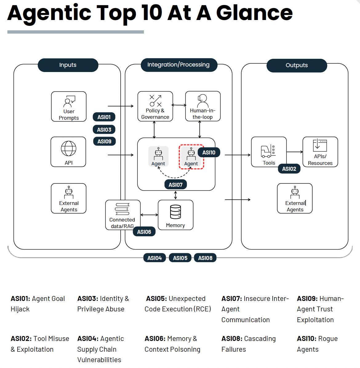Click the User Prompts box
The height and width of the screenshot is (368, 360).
(x=69, y=106)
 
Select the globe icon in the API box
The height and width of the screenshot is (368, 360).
(x=69, y=149)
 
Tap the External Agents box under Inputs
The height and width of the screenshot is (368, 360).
(x=69, y=198)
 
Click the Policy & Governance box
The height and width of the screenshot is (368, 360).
(x=155, y=106)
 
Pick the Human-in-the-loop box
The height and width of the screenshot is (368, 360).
(x=203, y=106)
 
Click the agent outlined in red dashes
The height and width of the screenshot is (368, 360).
(x=191, y=157)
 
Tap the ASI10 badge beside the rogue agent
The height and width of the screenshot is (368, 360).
(x=209, y=153)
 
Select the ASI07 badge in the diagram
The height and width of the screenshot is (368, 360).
(x=175, y=185)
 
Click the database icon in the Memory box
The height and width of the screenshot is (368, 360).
(x=175, y=212)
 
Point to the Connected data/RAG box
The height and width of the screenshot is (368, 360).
(x=123, y=215)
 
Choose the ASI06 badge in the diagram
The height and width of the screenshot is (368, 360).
(x=144, y=232)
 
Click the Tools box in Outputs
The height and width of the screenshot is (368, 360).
(x=269, y=152)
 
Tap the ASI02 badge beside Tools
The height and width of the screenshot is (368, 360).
(x=289, y=169)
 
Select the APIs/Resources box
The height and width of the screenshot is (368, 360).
(x=320, y=152)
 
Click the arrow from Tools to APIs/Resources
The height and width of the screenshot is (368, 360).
(x=294, y=152)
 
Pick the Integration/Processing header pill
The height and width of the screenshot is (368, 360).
(x=179, y=65)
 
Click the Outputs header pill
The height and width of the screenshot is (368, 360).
(x=297, y=65)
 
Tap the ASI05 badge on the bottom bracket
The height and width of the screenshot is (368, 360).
(x=180, y=258)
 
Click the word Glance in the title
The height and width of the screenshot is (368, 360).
(x=254, y=13)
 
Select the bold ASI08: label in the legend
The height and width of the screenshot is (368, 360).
(x=232, y=339)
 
